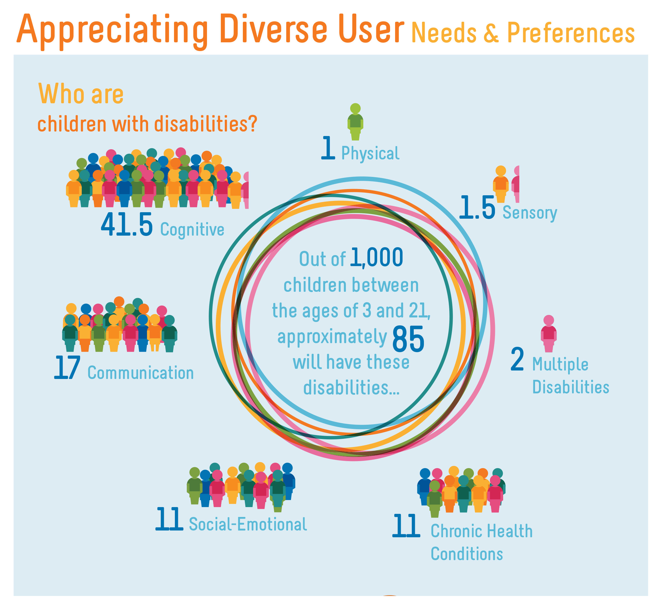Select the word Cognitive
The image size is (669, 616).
coord(192,229)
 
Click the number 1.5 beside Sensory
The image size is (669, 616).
coord(477,207)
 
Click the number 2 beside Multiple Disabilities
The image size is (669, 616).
coord(517,359)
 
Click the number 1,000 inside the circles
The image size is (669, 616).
coord(377,257)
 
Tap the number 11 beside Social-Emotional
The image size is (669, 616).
coord(169,519)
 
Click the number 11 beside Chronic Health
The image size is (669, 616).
coord(406,525)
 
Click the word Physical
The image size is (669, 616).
coord(370,153)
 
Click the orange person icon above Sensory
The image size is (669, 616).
coord(500,184)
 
